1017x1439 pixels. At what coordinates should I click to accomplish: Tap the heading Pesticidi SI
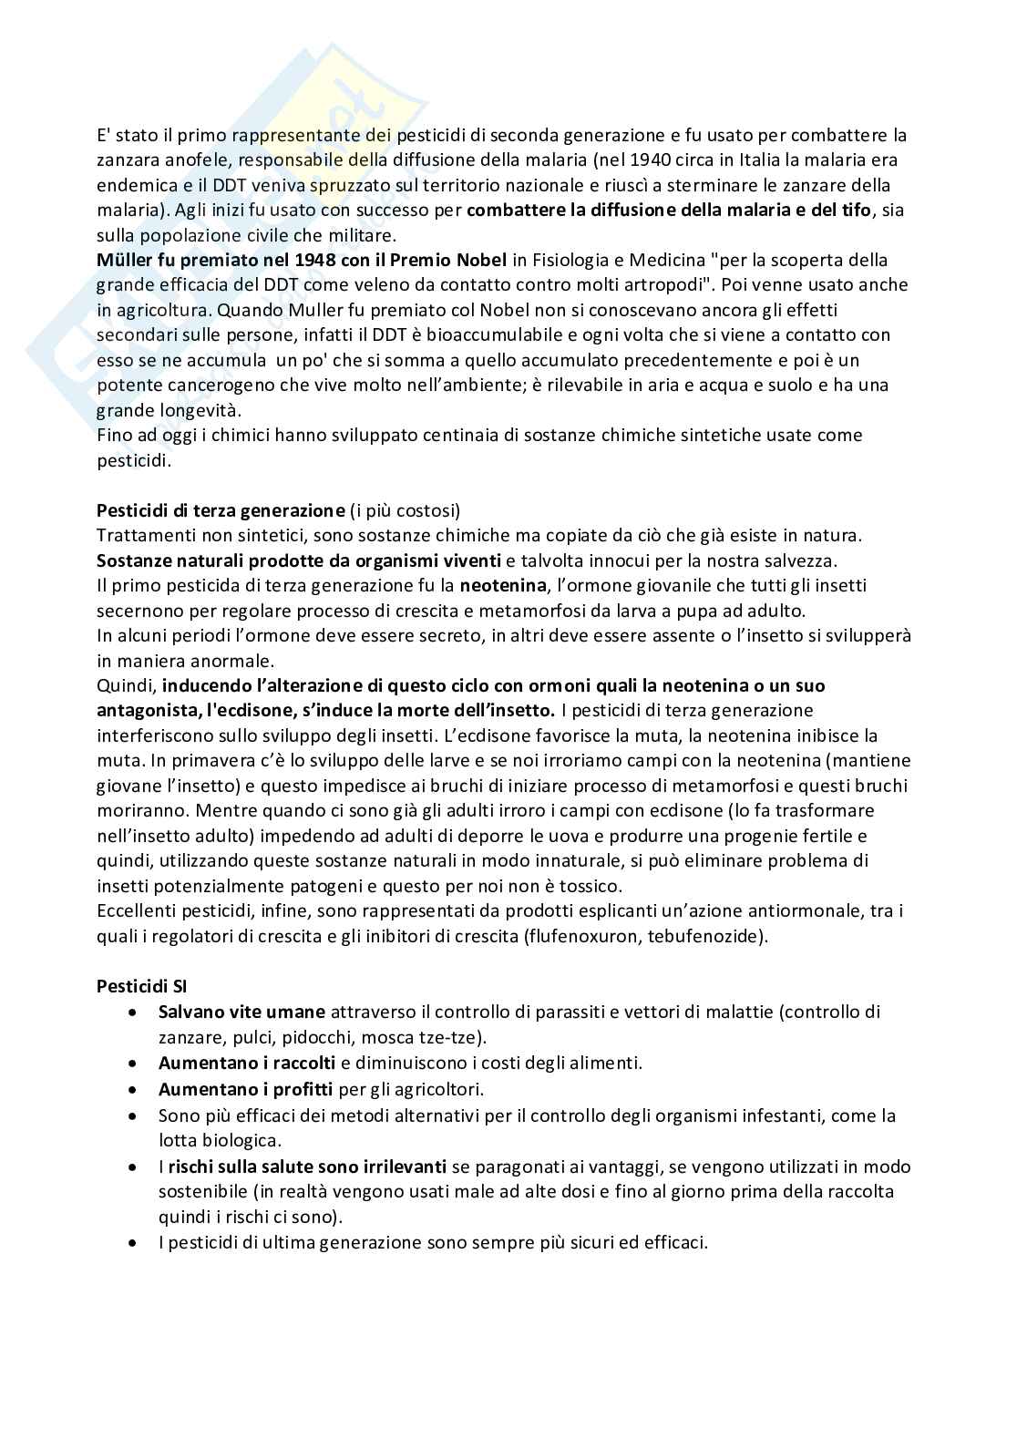141,985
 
